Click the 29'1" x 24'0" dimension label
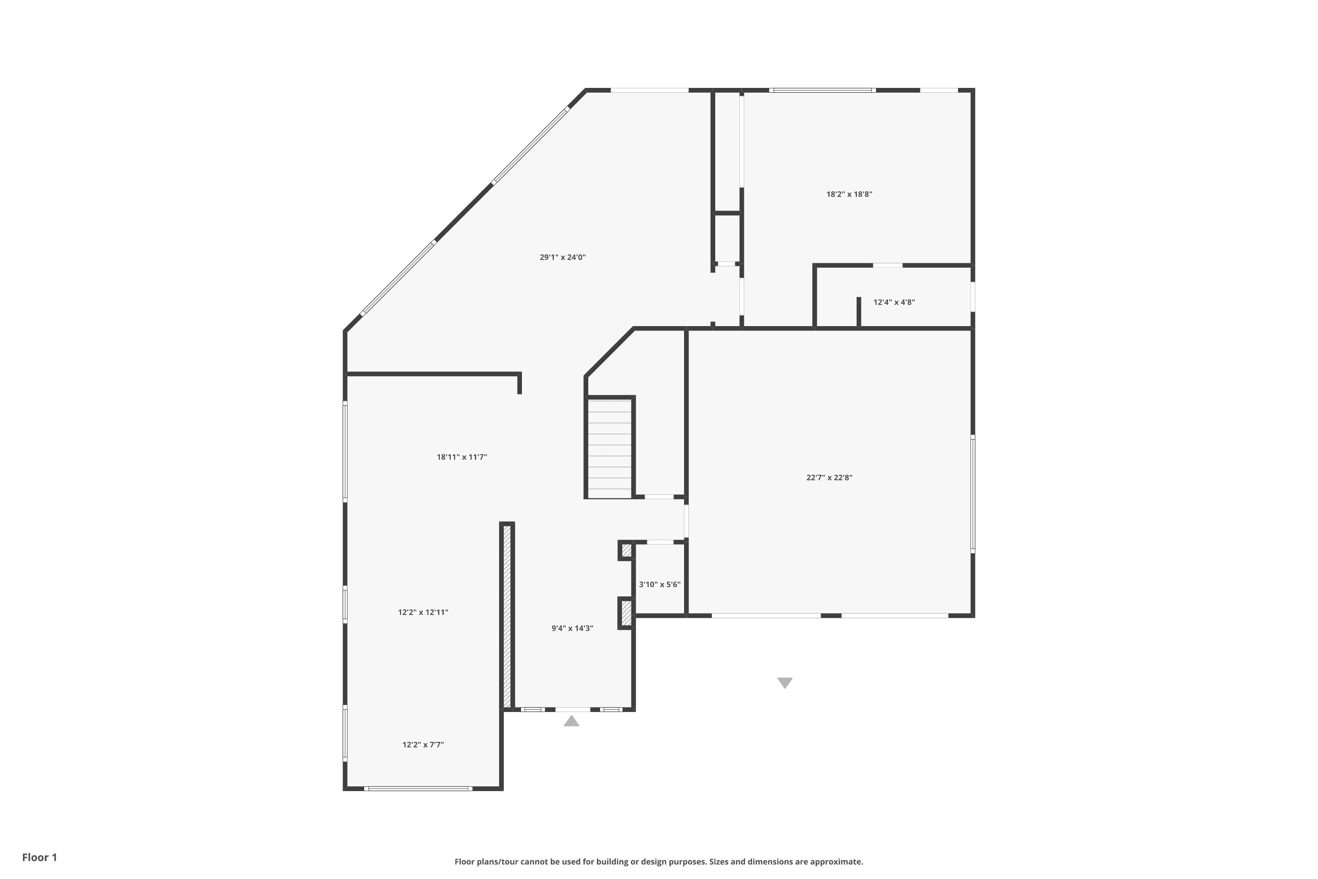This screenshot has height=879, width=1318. point(563,257)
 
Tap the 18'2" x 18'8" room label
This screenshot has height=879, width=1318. point(849,195)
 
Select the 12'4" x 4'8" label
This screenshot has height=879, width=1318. point(894,302)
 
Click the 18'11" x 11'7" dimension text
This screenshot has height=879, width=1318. point(462,457)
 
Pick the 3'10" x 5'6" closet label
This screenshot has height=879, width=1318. point(659,585)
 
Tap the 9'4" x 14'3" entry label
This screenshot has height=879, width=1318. point(572,628)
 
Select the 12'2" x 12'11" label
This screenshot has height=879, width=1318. point(423,612)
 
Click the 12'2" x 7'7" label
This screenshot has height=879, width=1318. point(423,745)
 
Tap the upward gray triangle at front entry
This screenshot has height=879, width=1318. point(571,721)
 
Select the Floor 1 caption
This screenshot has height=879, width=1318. point(39,857)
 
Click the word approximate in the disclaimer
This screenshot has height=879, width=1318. point(833,861)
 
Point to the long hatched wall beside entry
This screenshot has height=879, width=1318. point(507,617)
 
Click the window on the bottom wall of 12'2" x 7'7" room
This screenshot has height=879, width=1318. point(418,788)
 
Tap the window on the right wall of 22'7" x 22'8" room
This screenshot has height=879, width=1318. point(973,493)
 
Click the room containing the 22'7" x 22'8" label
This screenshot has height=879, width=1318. point(829,533)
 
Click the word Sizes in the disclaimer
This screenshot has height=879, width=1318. point(721,861)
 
